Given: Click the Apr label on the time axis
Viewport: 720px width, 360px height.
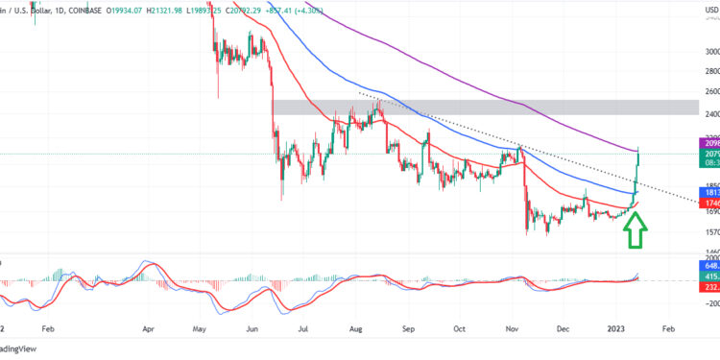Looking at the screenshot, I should [x=148, y=327].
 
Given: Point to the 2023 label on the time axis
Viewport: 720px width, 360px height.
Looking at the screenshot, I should [x=614, y=327].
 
